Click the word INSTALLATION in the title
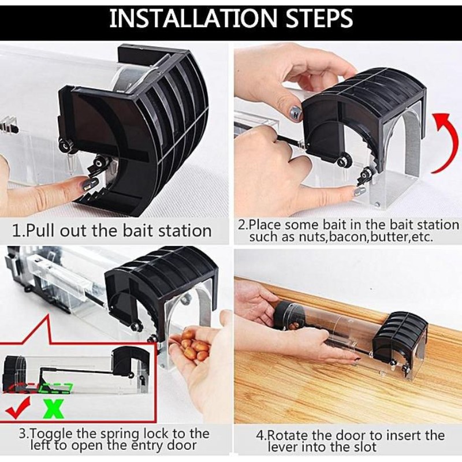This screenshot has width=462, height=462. tap(193, 18)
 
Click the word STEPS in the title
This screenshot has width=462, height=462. tap(319, 18)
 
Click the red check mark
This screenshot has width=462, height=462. tap(18, 408)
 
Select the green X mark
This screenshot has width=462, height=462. tap(54, 409)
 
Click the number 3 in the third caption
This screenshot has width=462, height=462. tap(22, 434)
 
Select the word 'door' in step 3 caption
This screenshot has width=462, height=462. tap(182, 445)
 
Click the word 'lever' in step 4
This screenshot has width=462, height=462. tap(282, 447)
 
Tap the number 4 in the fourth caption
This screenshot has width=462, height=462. tap(259, 436)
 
